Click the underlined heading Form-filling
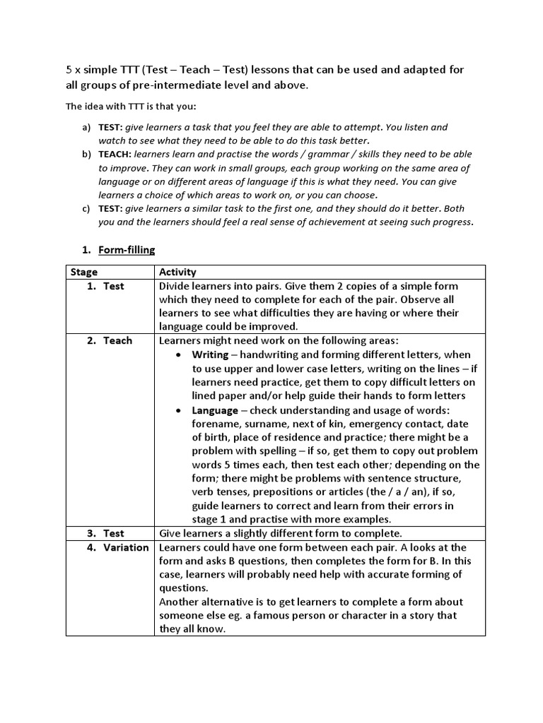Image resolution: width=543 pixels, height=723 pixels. (127, 250)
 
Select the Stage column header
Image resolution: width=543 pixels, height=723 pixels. (83, 272)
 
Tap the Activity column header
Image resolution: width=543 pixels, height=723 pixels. (177, 272)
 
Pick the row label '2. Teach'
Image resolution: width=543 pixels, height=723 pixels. (110, 340)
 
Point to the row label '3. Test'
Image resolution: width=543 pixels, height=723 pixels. (106, 533)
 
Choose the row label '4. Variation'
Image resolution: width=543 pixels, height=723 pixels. (118, 547)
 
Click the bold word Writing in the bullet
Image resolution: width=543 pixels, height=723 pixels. (210, 354)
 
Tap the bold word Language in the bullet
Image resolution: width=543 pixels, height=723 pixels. (215, 410)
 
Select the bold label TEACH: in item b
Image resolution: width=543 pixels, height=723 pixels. (114, 154)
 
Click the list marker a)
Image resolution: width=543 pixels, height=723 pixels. (87, 127)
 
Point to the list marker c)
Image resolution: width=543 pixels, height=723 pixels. (87, 208)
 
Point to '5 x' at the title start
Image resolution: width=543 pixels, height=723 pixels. (74, 70)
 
